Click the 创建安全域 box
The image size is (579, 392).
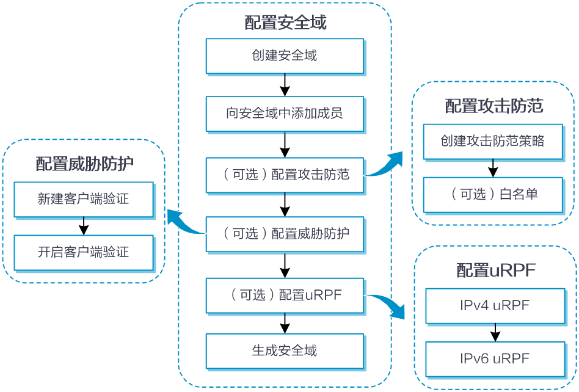[x=285, y=56]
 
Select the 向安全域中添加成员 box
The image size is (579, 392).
[x=285, y=114]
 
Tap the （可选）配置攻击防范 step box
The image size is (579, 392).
[x=285, y=175]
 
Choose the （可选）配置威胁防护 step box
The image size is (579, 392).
[x=285, y=234]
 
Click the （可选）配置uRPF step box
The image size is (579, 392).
[x=285, y=296]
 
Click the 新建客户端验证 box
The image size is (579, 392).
[x=84, y=200]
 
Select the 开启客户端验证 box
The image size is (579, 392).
[x=84, y=253]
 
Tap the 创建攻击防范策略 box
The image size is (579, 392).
[x=493, y=142]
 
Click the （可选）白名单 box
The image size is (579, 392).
[x=493, y=195]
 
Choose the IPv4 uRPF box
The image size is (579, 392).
[x=495, y=306]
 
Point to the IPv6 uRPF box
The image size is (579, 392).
[x=495, y=360]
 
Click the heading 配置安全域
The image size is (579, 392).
[x=285, y=23]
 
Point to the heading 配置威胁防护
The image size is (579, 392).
[x=84, y=164]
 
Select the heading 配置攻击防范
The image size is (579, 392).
[x=494, y=106]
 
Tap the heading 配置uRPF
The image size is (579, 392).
[x=496, y=270]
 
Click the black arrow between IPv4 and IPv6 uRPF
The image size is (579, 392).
[x=495, y=333]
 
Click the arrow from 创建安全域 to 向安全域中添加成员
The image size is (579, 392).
[x=285, y=85]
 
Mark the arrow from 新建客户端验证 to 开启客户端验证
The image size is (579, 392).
[x=84, y=226]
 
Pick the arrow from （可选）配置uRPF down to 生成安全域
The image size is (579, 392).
[x=285, y=324]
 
